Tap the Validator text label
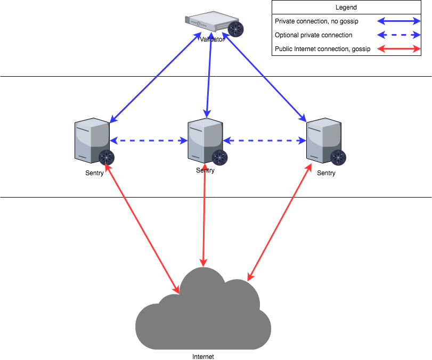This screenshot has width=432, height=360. pyautogui.click(x=211, y=39)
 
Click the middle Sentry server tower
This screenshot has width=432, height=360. pyautogui.click(x=205, y=140)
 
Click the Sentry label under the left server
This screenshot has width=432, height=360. pyautogui.click(x=94, y=173)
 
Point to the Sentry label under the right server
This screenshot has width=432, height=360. pyautogui.click(x=326, y=173)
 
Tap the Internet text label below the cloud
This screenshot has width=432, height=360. pyautogui.click(x=203, y=357)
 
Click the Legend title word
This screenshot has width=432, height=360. pyautogui.click(x=346, y=7)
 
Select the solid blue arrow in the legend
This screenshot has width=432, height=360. pyautogui.click(x=400, y=21)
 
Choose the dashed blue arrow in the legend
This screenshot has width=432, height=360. pyautogui.click(x=400, y=35)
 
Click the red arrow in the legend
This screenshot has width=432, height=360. pyautogui.click(x=400, y=49)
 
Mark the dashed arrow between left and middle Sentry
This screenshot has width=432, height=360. pyautogui.click(x=149, y=141)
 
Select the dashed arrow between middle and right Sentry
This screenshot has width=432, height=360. pyautogui.click(x=264, y=141)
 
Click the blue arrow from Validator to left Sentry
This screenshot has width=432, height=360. pyautogui.click(x=155, y=77)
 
